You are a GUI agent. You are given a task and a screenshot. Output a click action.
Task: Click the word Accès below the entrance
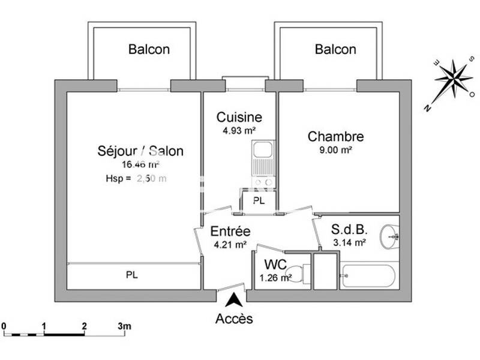click(234, 319)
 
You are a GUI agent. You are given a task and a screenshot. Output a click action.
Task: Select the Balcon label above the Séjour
click(149, 49)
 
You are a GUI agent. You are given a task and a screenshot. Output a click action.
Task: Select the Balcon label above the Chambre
click(335, 49)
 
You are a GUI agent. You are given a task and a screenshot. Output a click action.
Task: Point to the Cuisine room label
click(239, 117)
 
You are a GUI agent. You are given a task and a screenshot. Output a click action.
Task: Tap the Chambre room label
click(335, 137)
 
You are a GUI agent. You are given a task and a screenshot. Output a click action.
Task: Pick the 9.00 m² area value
click(335, 150)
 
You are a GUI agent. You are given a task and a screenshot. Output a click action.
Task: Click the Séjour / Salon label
click(140, 151)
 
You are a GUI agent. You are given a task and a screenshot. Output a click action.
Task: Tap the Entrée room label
click(230, 231)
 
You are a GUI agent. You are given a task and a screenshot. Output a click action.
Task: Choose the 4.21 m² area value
click(230, 244)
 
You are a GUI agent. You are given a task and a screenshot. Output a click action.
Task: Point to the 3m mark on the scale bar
click(124, 327)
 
